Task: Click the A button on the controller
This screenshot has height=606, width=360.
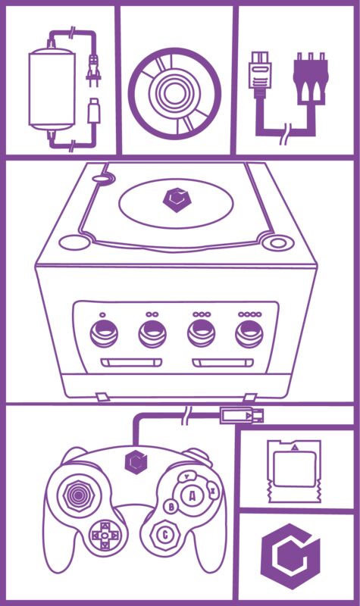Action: pos(192,496)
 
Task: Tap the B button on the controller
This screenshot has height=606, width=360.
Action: pos(171,506)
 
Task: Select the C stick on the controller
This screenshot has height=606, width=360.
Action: pos(164,535)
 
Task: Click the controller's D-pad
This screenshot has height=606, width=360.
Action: pos(104,536)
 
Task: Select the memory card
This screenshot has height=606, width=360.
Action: pos(295,471)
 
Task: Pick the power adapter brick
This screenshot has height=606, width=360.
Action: pos(52,89)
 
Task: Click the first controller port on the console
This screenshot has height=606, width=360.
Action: pos(104,334)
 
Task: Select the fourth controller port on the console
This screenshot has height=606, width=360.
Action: pos(249,334)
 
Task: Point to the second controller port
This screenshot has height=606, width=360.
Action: pos(152,334)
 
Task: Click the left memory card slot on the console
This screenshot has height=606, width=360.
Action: pos(131,364)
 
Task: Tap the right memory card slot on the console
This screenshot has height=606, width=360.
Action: pos(223,364)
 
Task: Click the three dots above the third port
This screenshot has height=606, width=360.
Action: pos(202,314)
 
